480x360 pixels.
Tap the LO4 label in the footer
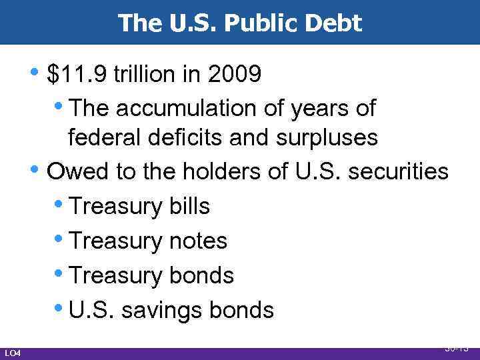click(12, 352)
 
